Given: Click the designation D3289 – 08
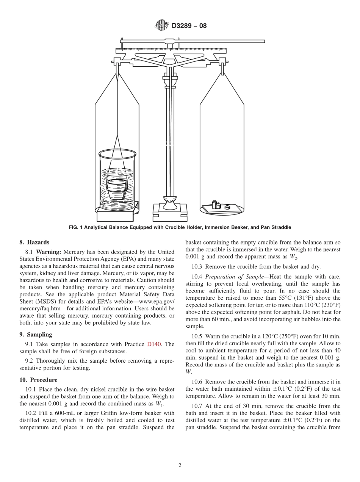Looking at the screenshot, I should [189, 26].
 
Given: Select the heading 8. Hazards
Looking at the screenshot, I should [34, 243].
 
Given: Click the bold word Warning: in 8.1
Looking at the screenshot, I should [49, 252].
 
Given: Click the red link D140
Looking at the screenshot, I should [154, 344].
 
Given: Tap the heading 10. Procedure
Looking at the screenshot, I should [38, 380].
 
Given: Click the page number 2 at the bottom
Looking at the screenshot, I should [180, 466].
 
